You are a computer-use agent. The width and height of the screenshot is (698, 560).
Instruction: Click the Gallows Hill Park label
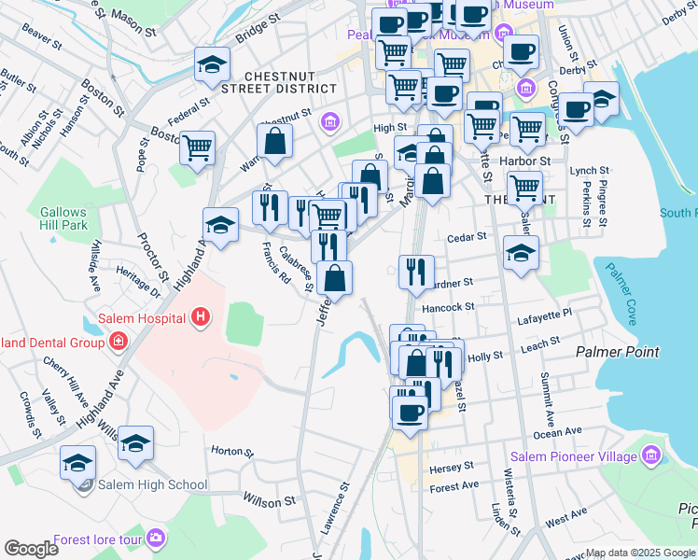coord(63,218)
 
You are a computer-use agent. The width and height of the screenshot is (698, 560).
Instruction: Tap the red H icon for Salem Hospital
coord(198,318)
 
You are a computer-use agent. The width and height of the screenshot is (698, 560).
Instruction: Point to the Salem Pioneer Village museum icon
coord(650,456)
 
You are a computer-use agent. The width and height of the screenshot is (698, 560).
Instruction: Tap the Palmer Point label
coord(617,352)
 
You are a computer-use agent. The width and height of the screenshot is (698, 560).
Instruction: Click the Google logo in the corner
coord(31,548)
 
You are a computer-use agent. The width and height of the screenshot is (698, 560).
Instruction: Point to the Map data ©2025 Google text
coord(640,553)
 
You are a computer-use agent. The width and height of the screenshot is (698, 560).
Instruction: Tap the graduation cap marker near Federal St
coord(212,64)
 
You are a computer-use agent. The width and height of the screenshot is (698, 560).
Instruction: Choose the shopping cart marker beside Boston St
coord(197,147)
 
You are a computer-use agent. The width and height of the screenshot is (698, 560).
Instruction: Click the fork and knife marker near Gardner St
coord(416,271)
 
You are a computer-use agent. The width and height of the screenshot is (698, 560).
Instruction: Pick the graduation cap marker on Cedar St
coord(521,252)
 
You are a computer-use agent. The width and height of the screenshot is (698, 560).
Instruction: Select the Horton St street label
coord(232,451)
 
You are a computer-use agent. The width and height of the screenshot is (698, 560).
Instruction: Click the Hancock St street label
coord(451,306)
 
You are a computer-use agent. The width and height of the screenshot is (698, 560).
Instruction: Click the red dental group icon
coord(119,343)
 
